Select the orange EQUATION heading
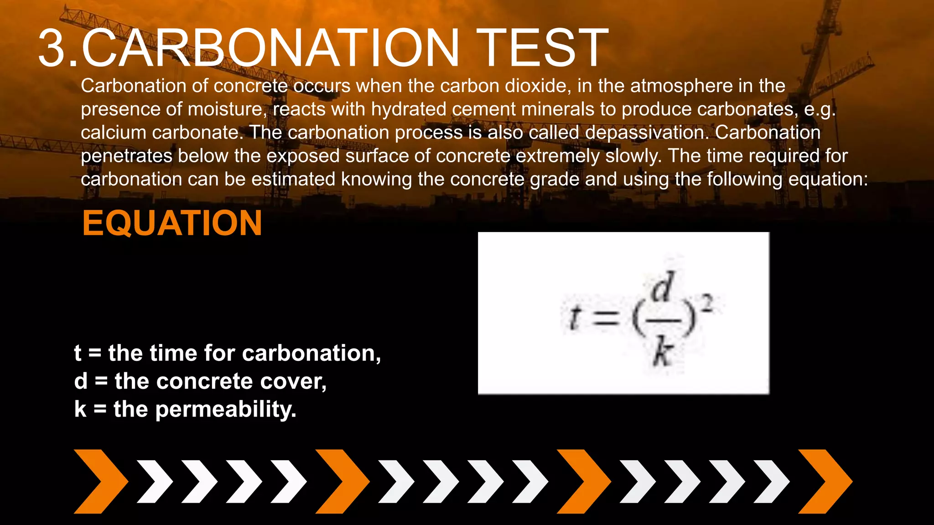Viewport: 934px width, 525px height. click(172, 223)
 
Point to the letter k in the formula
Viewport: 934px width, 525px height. click(663, 353)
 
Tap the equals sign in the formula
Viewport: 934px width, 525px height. click(606, 317)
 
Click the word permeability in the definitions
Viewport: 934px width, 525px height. click(226, 409)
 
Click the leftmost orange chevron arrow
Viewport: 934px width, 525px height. click(101, 481)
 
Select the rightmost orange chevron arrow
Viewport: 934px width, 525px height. click(825, 481)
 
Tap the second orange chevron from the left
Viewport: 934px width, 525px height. click(342, 481)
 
